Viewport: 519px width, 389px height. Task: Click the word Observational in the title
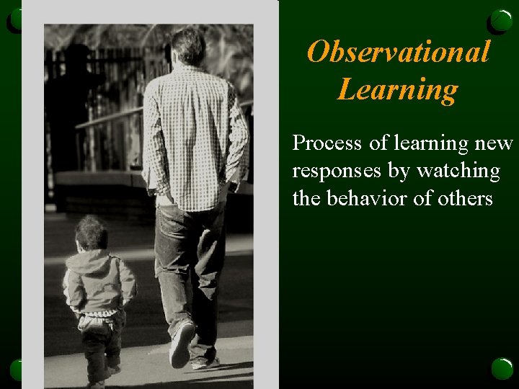tap(398, 52)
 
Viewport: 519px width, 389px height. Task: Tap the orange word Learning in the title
tap(397, 90)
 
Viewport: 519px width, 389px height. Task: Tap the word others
tap(460, 198)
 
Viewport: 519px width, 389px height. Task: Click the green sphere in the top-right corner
tap(501, 21)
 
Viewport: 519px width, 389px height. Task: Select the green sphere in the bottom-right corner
tap(502, 368)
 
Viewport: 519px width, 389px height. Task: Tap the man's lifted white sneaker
tap(181, 344)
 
